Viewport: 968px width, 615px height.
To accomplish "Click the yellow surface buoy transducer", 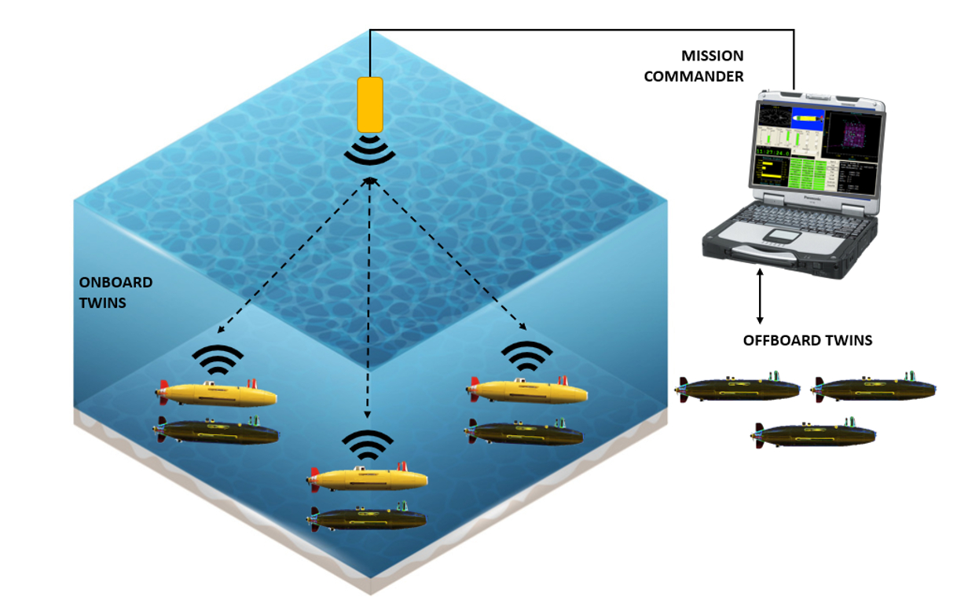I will (x=370, y=104).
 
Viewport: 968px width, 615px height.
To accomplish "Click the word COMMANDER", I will (x=702, y=76).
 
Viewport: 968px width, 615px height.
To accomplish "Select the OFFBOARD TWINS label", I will (x=808, y=341).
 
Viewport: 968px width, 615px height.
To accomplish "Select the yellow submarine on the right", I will (x=528, y=390).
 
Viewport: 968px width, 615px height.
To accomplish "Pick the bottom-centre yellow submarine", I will (x=369, y=478).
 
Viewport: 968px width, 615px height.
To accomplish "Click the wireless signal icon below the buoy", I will (x=370, y=152).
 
